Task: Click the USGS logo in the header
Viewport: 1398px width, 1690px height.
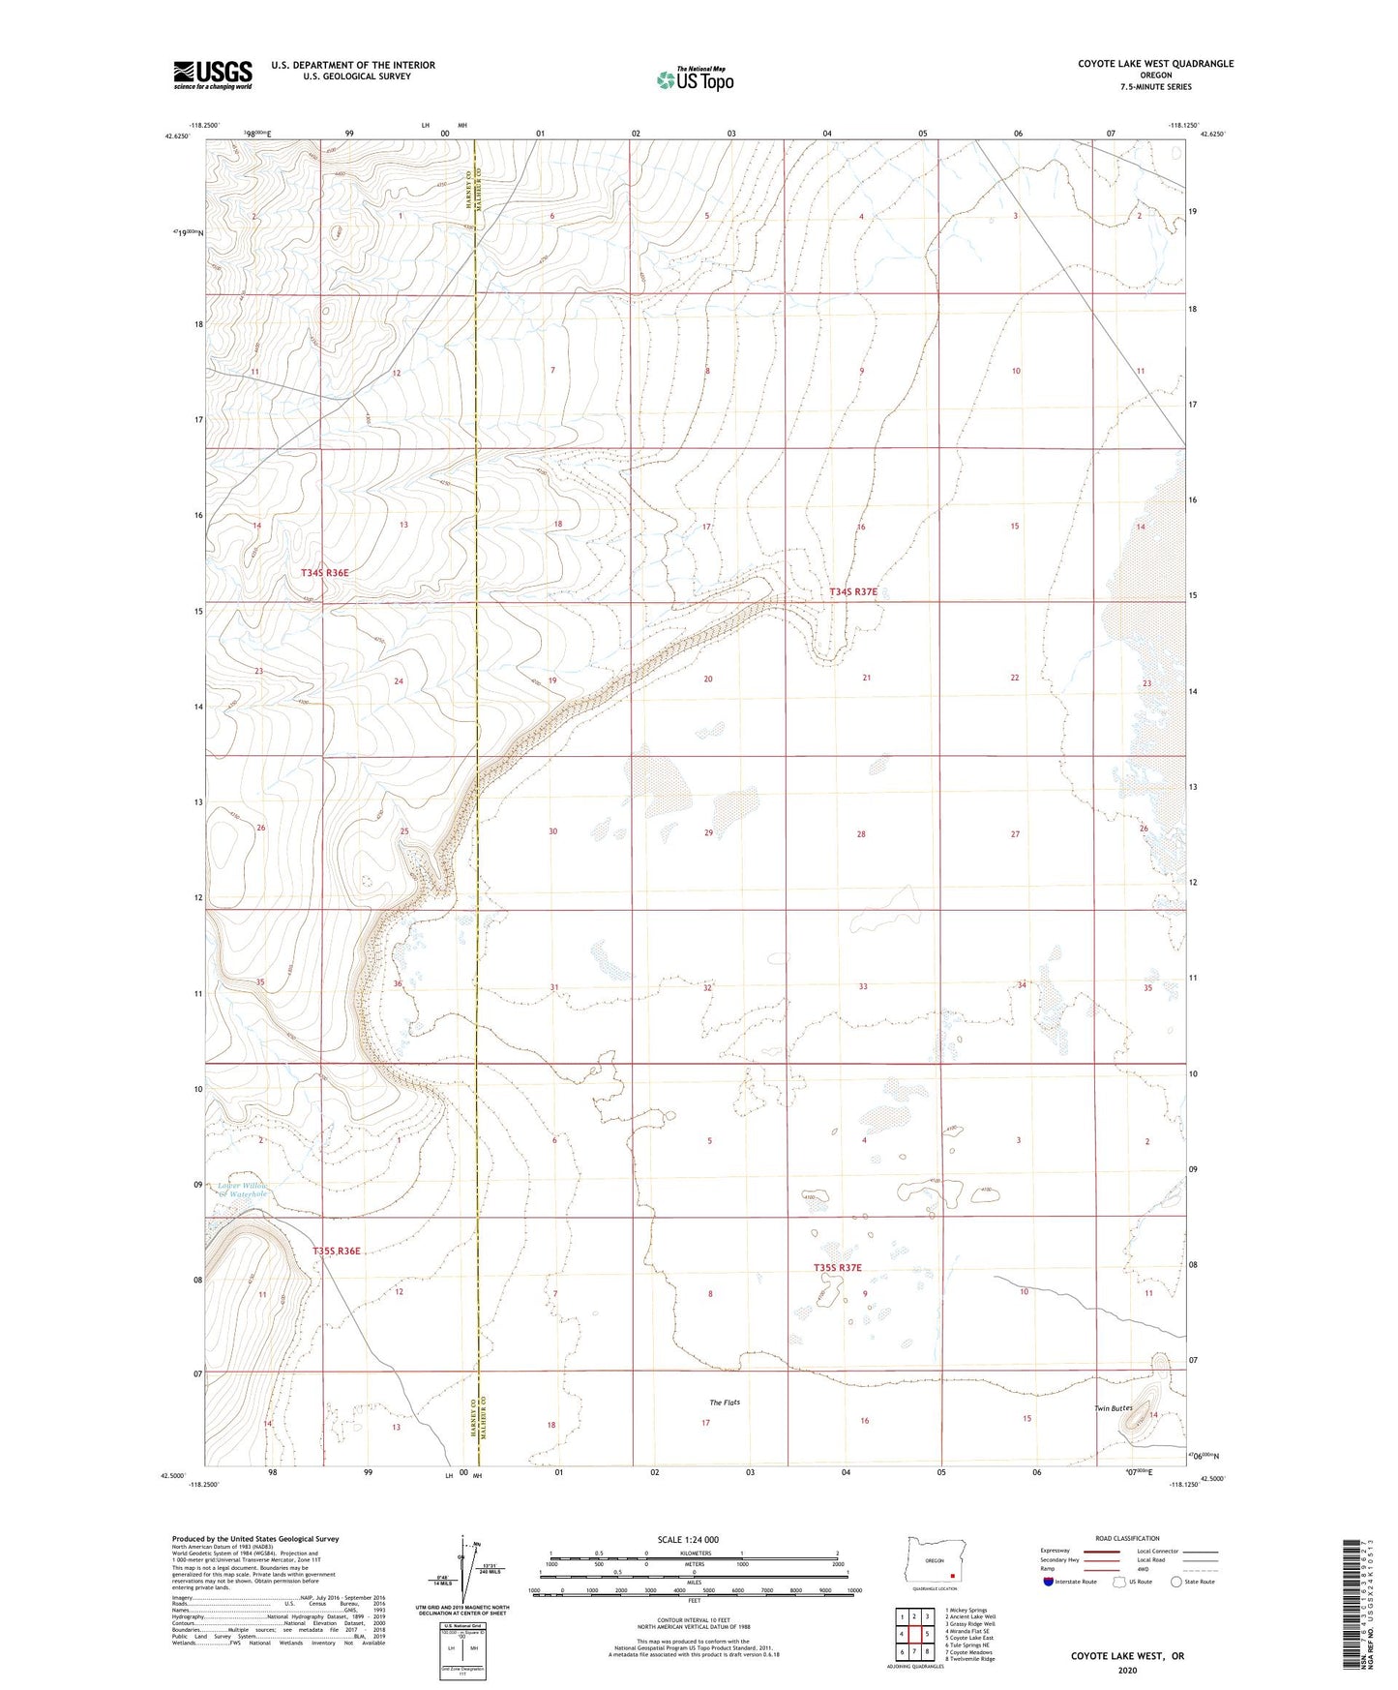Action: point(213,74)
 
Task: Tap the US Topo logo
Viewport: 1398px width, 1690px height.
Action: point(694,80)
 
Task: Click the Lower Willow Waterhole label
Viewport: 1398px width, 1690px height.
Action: point(242,1190)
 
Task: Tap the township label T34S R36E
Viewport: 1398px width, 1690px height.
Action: point(324,573)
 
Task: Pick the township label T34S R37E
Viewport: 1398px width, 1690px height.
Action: point(852,591)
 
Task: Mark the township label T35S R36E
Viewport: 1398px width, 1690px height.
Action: point(337,1251)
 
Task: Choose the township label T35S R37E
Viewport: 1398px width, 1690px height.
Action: point(838,1267)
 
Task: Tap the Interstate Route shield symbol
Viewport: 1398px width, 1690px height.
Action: point(1048,1581)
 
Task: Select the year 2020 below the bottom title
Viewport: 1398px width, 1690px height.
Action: point(1126,1670)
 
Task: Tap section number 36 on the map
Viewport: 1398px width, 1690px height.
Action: point(398,983)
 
